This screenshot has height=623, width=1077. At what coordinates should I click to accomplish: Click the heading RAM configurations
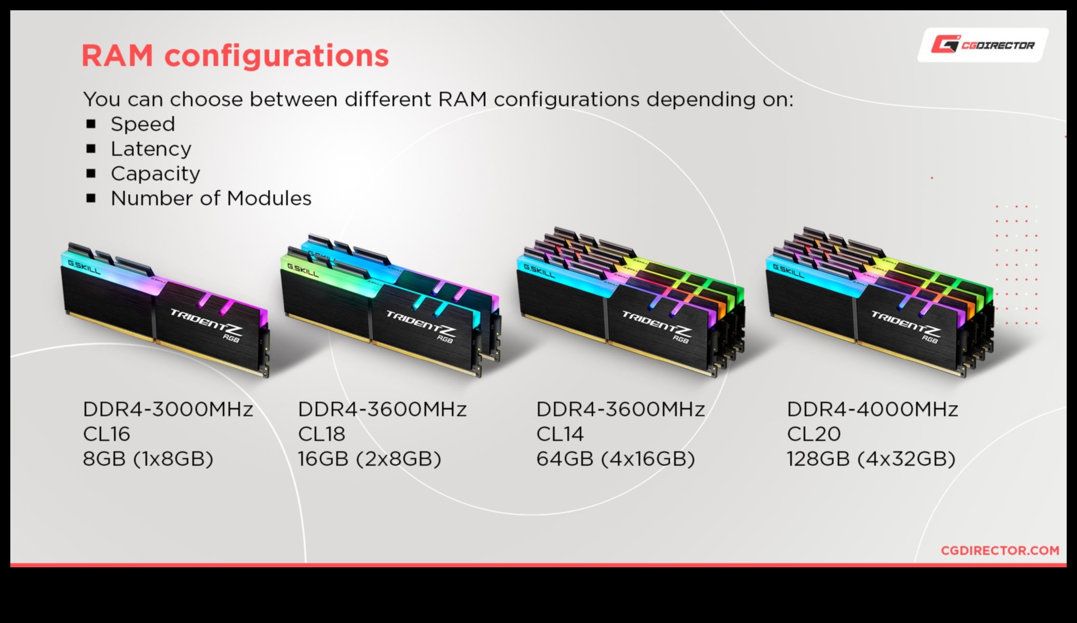tap(235, 56)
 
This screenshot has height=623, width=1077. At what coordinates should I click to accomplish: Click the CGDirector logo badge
tap(983, 45)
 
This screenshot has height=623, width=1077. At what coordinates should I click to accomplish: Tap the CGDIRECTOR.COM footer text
tap(1000, 551)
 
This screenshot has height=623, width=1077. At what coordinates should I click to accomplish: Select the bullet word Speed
tap(143, 124)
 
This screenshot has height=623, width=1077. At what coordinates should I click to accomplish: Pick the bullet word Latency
tap(151, 149)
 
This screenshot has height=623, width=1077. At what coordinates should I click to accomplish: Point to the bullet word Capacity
tap(155, 174)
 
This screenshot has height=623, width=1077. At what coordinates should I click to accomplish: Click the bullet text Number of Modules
tap(211, 199)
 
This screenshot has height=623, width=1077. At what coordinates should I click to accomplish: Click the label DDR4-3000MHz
tap(168, 409)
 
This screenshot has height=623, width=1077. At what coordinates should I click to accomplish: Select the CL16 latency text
tap(107, 434)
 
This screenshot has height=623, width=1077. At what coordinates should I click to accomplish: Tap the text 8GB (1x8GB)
tap(148, 459)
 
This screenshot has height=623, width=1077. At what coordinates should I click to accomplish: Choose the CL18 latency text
tap(322, 434)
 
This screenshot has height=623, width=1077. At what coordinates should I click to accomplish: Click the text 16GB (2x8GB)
tap(369, 459)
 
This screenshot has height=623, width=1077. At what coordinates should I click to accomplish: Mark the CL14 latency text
tap(560, 434)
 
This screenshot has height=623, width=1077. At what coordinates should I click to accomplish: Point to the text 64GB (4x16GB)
tap(616, 459)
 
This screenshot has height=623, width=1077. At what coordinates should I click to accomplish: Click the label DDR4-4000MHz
tap(872, 409)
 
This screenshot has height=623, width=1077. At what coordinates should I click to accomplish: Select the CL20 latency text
tap(814, 434)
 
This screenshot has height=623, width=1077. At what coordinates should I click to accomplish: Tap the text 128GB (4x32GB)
tap(871, 459)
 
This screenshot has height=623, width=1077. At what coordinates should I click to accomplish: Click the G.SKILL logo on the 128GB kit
tap(788, 271)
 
